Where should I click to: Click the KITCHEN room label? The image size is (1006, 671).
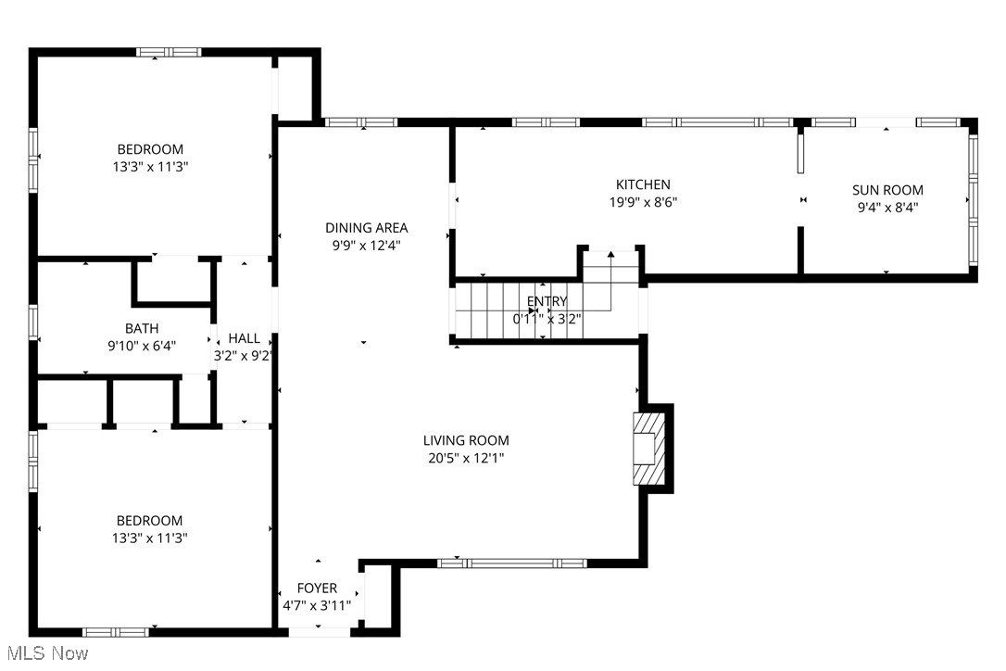coord(643,184)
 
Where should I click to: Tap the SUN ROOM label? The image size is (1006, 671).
coord(887,190)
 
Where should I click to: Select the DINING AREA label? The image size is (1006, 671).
coord(366,227)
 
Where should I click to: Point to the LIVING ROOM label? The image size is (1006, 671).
coord(466,440)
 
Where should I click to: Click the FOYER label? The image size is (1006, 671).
coord(317,589)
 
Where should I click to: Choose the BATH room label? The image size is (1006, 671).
coord(142,328)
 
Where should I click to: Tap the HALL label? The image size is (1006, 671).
coord(245,338)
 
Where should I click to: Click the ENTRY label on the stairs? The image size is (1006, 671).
coord(547,301)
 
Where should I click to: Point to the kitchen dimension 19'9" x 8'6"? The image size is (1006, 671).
coord(643,202)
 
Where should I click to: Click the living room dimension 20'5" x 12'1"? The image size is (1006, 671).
coord(466,458)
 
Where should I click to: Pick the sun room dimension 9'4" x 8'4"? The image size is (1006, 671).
coord(887,208)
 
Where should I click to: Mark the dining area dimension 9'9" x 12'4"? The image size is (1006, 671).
coord(366,245)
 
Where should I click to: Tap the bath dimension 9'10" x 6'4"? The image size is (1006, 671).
coord(142,346)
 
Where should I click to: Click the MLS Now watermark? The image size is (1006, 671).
coord(45,653)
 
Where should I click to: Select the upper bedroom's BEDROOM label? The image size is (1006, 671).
coord(150,149)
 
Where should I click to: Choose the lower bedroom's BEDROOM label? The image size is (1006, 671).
coord(150,521)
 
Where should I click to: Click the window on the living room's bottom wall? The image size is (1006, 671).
coord(511,563)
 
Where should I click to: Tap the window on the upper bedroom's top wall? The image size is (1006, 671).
coord(169,52)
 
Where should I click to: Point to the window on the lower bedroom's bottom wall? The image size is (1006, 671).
coord(115,632)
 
